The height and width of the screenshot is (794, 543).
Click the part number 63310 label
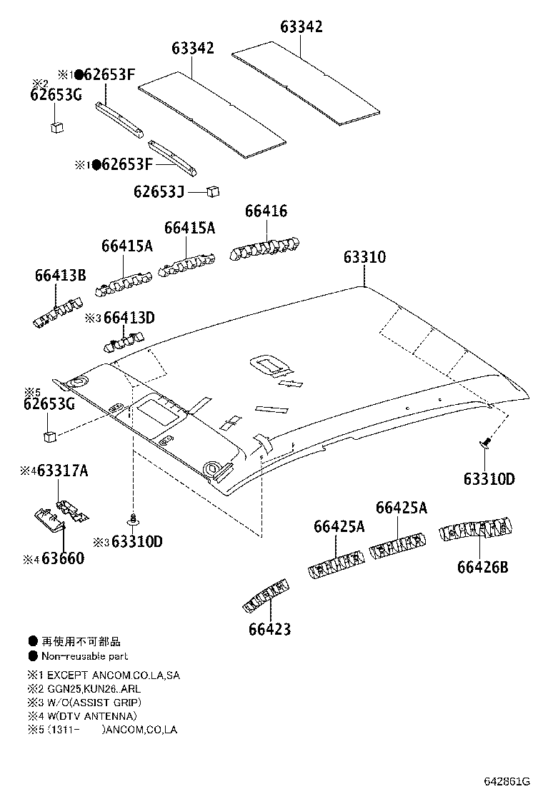point(364,257)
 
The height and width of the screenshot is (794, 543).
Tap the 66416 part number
point(266,211)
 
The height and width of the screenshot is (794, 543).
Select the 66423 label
point(270,629)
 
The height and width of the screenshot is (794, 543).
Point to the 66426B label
point(483,568)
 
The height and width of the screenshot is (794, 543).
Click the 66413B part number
point(60,276)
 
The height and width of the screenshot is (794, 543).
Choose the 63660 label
point(63,558)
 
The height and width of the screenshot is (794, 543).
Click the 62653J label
point(159,191)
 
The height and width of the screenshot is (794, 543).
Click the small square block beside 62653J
point(212,191)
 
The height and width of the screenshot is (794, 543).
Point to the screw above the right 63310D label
point(484,444)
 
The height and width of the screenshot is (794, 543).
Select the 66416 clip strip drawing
point(264,248)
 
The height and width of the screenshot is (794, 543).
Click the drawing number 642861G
point(509,779)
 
